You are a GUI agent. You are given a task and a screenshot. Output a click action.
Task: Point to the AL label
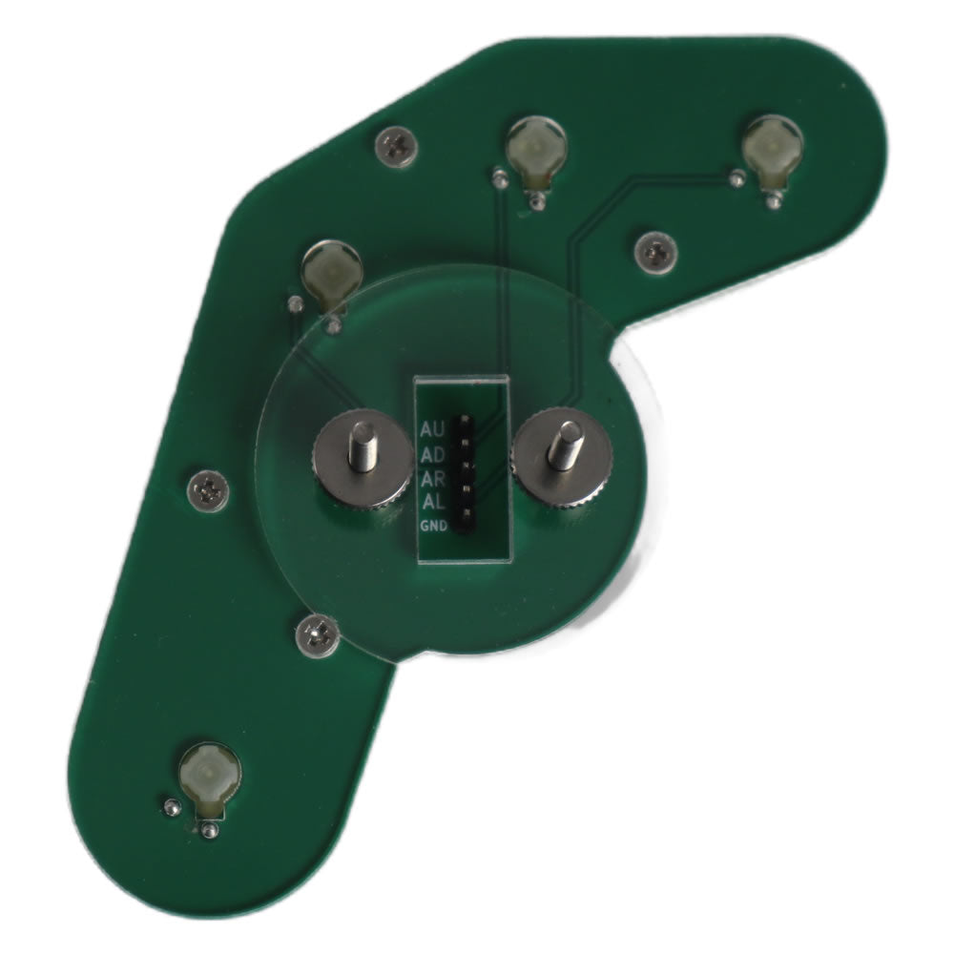[432, 503]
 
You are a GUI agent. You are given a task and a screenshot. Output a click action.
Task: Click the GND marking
[434, 526]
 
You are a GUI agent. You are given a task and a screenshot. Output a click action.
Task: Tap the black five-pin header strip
[466, 474]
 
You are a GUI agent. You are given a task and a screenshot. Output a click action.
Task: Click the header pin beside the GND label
[466, 523]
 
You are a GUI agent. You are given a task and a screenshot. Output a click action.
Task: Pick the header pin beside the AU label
[466, 421]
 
